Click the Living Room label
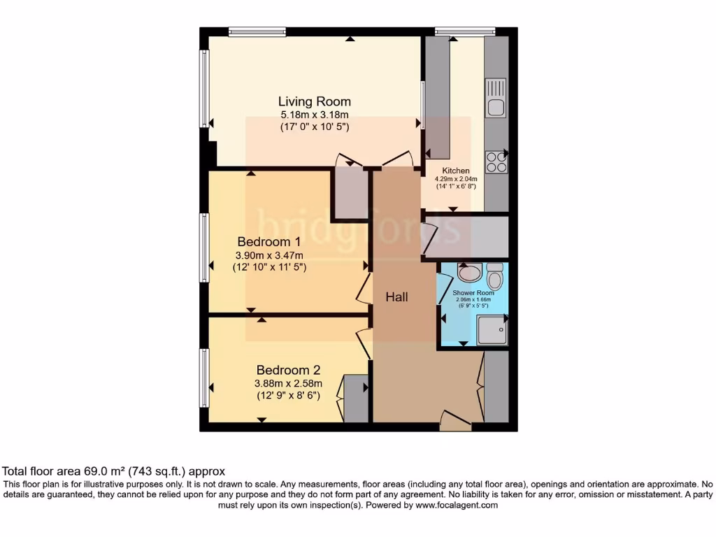[x=315, y=101]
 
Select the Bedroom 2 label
[x=288, y=370]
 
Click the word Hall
[x=397, y=297]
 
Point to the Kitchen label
[x=456, y=171]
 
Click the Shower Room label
[x=473, y=293]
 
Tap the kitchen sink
[x=496, y=98]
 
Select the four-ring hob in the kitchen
[x=496, y=162]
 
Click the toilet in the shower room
[x=495, y=278]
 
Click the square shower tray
[x=492, y=329]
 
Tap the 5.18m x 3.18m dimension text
[x=315, y=115]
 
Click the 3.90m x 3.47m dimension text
[x=269, y=255]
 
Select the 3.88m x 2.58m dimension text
[x=288, y=383]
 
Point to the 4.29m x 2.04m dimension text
[x=456, y=179]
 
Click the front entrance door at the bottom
[x=455, y=420]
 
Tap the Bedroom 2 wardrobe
[x=355, y=399]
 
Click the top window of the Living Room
[x=257, y=31]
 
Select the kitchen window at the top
[x=465, y=31]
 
